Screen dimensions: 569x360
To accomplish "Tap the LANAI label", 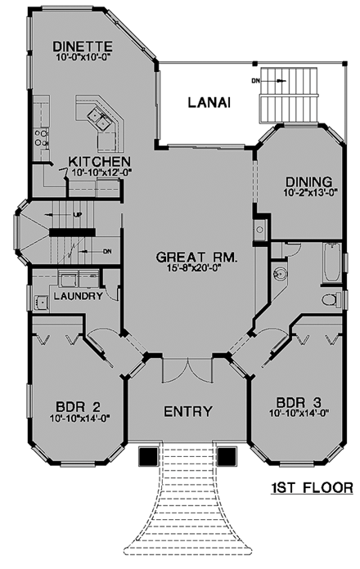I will point(208,102).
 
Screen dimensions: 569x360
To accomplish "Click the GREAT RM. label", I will point(197,258).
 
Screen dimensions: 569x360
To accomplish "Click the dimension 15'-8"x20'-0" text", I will point(197,270).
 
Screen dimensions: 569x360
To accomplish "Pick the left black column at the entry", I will point(149,455).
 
